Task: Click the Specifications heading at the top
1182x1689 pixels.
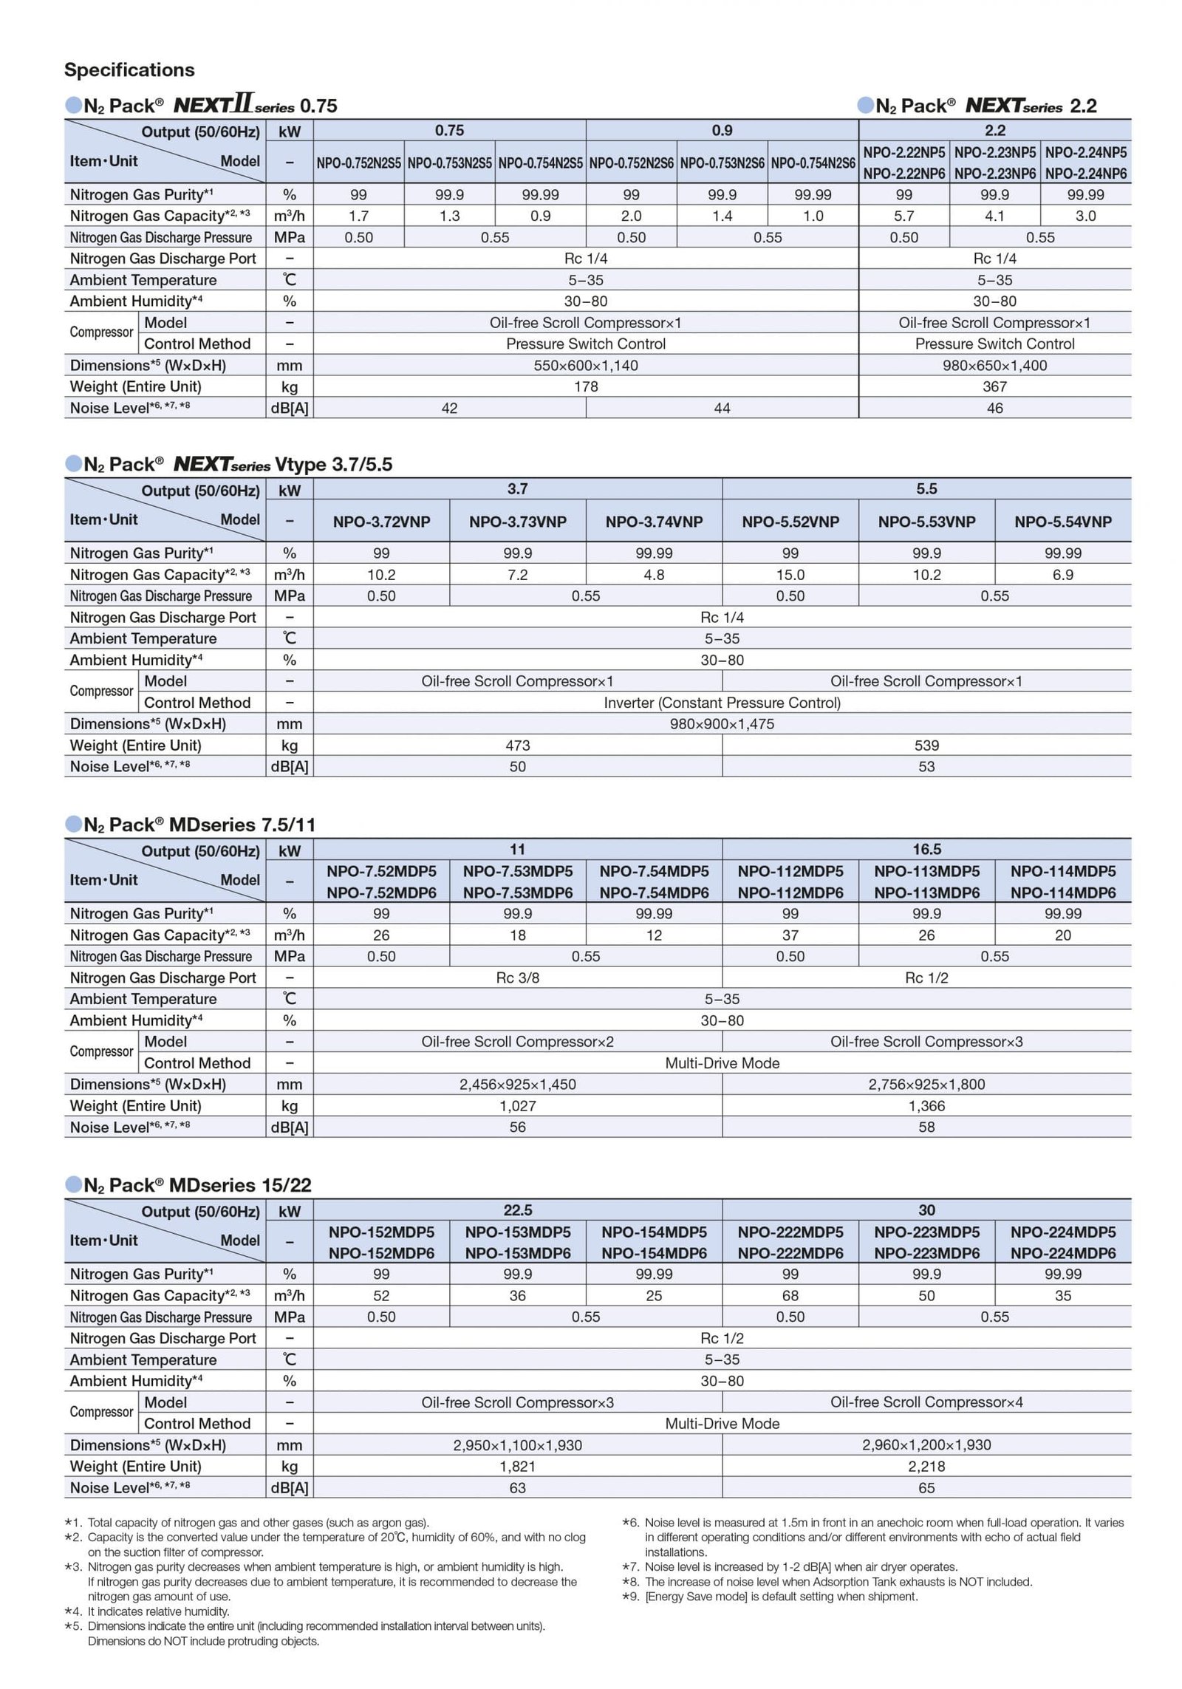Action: click(x=129, y=70)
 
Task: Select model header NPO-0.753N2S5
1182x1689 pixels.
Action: click(x=449, y=163)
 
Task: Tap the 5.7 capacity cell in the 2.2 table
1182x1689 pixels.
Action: click(x=903, y=216)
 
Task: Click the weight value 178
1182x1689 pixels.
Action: click(x=586, y=386)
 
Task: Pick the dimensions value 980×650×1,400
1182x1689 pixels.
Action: click(x=994, y=365)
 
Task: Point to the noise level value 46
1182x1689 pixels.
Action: click(x=994, y=408)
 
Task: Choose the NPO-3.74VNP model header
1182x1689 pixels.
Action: click(x=654, y=522)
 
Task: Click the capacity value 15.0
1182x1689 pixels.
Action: click(x=790, y=575)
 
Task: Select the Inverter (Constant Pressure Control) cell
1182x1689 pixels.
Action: click(x=722, y=703)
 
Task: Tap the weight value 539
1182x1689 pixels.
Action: click(x=926, y=745)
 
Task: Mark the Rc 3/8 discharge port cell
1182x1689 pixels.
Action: click(x=517, y=977)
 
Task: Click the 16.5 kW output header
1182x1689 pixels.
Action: click(x=926, y=850)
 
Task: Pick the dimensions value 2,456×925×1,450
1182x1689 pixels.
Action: click(x=517, y=1085)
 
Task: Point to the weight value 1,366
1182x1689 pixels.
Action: click(x=926, y=1106)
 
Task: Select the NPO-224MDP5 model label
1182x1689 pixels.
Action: click(x=1062, y=1232)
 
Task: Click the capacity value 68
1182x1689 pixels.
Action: click(x=790, y=1296)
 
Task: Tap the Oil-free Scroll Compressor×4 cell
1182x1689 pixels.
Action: click(x=926, y=1402)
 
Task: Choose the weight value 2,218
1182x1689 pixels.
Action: click(x=926, y=1467)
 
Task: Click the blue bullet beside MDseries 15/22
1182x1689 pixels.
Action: click(x=73, y=1185)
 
